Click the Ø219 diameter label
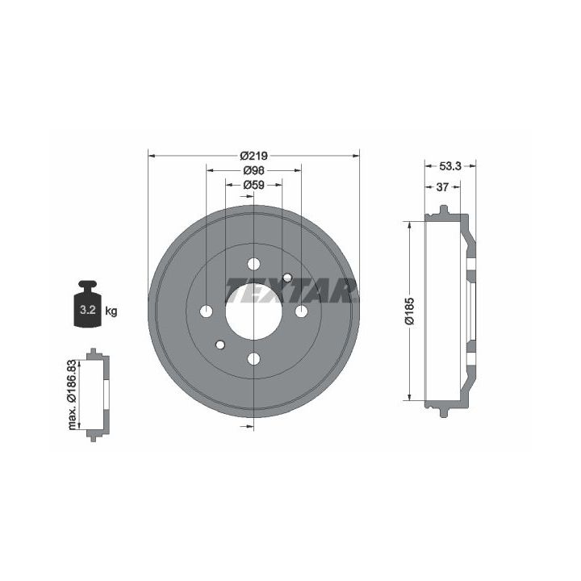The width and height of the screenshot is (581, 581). pos(253,156)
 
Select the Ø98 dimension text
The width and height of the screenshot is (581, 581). pos(254,170)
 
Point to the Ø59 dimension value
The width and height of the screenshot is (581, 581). pos(254,185)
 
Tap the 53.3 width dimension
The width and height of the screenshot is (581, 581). pos(449,166)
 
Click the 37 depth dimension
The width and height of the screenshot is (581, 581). pos(442,187)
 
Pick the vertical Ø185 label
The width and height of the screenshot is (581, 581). pos(409,311)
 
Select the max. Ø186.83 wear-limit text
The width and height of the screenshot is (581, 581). pos(72,395)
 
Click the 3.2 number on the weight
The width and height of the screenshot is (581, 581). pos(88,310)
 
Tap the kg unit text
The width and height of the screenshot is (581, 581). pos(111,311)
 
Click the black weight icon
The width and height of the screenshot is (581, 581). pos(88,304)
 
